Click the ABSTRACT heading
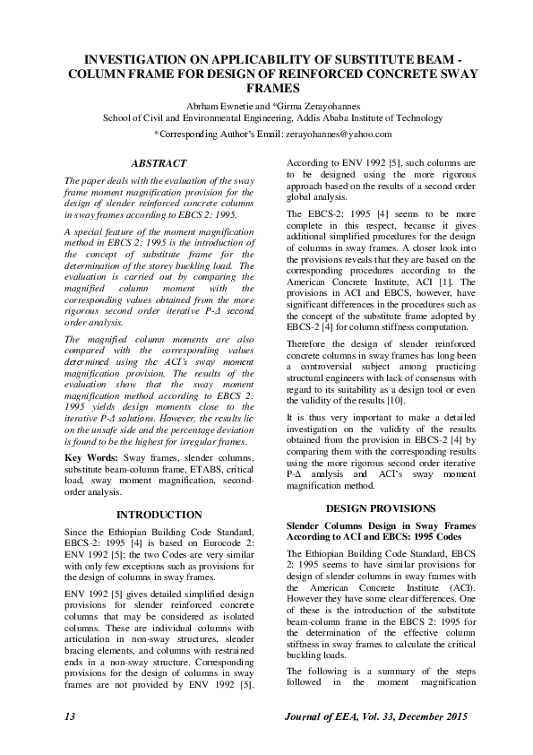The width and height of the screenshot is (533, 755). (x=159, y=164)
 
